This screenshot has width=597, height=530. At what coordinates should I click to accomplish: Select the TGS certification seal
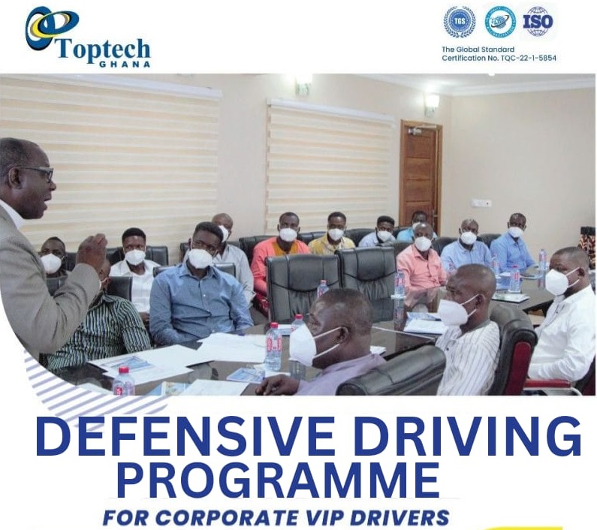point(459,22)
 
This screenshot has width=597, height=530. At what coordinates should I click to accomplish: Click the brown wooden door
point(420,172)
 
